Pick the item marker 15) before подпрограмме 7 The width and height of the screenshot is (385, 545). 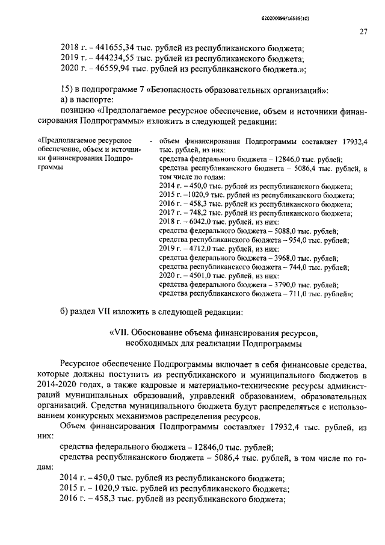pos(69,90)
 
